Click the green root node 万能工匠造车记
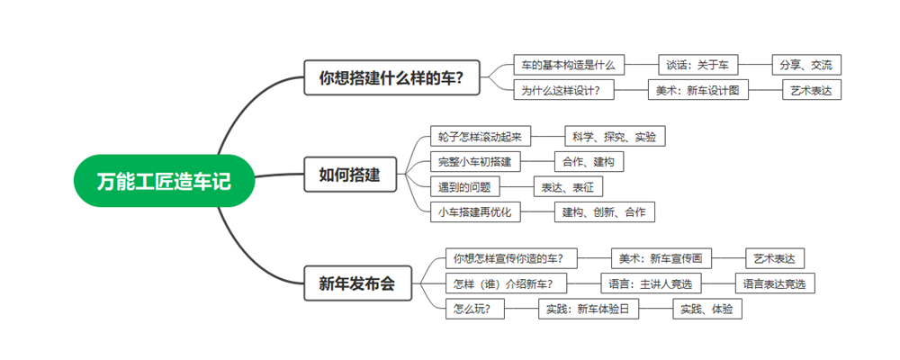[x=164, y=181]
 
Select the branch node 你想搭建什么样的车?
[x=391, y=77]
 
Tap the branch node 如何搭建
[x=349, y=175]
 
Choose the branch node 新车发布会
[x=356, y=283]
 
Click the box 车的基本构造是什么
[x=568, y=65]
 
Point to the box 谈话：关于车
[x=697, y=65]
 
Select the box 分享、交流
[x=805, y=65]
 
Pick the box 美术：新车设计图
[x=697, y=90]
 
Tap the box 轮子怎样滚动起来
[x=480, y=137]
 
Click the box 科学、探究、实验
[x=614, y=137]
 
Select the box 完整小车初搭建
[x=475, y=162]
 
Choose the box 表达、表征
[x=568, y=187]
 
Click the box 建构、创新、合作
[x=603, y=212]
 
